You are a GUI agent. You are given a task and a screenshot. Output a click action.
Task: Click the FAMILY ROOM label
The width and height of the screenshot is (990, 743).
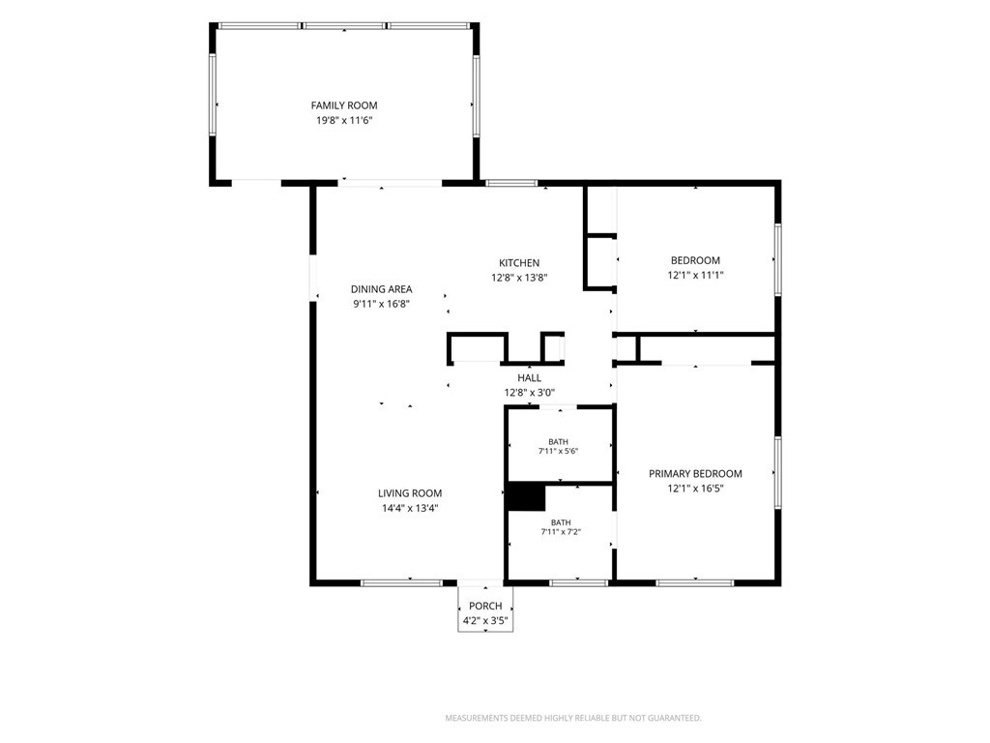coord(344,105)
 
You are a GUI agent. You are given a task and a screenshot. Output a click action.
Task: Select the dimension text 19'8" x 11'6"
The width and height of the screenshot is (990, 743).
coord(344,120)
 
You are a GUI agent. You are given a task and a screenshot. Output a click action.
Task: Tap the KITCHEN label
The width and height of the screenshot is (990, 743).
coord(519,263)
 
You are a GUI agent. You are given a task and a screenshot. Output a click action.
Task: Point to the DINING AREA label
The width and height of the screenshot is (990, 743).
coord(381,289)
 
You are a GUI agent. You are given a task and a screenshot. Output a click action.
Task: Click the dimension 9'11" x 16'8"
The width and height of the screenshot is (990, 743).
coord(381,304)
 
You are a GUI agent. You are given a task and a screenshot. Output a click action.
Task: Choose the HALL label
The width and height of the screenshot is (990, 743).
coord(529,378)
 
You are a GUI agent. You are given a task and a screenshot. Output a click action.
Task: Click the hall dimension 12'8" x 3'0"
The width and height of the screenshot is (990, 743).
coord(529,393)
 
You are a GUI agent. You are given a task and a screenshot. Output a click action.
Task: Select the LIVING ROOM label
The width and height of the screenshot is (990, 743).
coord(410,493)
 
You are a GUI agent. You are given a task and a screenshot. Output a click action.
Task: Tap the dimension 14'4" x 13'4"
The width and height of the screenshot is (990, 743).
coord(410,508)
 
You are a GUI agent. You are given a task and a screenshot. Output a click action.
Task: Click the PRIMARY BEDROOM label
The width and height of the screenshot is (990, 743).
coord(695,474)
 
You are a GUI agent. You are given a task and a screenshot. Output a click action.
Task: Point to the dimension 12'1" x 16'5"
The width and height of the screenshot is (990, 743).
coord(695,489)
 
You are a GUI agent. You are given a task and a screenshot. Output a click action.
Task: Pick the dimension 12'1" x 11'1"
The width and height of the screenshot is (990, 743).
coord(695,275)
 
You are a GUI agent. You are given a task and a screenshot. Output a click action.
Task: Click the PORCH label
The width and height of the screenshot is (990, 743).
coord(485,606)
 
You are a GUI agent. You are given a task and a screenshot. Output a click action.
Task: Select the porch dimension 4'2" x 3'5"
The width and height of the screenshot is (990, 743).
coord(485,620)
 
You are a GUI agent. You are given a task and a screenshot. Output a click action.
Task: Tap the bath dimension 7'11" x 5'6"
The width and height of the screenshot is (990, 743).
coord(558,451)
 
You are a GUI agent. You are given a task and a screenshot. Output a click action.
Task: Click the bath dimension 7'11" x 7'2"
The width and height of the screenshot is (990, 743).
coord(561,532)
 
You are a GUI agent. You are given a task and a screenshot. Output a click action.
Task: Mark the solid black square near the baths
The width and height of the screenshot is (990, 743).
coord(526,497)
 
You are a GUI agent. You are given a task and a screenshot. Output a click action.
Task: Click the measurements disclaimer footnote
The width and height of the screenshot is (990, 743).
coord(573,718)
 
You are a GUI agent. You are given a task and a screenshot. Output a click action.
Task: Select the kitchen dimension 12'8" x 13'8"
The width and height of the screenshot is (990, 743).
coord(519,278)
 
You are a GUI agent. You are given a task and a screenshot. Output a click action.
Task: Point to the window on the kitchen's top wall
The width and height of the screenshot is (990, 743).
coord(511,183)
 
